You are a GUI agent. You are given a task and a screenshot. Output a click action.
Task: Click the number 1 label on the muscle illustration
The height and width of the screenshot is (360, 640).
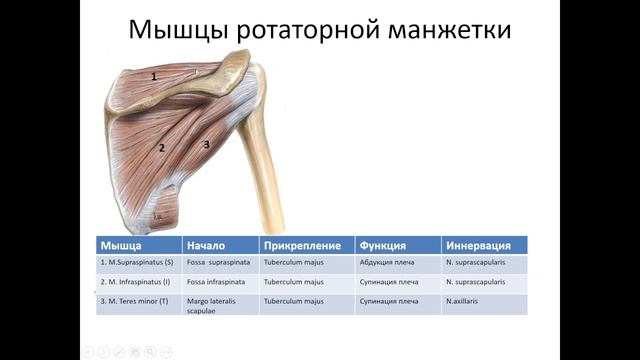154,76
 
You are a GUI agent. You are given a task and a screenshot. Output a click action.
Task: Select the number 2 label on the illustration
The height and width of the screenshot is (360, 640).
161,148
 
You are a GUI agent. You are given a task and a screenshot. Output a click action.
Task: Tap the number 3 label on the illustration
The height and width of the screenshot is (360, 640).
207,144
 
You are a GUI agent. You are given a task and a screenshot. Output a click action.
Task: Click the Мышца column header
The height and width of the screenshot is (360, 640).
120,245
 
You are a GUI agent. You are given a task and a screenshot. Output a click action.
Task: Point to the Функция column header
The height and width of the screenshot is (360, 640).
381,245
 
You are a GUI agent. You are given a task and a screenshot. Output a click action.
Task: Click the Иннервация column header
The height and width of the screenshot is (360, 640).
480,245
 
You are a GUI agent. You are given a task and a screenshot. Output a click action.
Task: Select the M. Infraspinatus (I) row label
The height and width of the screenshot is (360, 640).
137,282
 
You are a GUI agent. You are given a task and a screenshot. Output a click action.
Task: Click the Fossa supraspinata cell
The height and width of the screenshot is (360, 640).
218,264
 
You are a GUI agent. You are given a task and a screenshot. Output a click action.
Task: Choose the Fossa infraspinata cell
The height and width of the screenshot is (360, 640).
216,282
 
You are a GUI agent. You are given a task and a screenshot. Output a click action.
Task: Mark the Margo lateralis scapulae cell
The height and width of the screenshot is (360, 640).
212,304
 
